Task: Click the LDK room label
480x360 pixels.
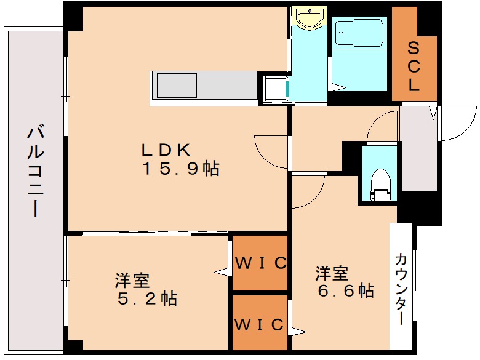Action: click(166, 150)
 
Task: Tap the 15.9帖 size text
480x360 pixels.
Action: click(181, 169)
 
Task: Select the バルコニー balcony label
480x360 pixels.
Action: click(36, 170)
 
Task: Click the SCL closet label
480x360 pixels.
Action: click(414, 66)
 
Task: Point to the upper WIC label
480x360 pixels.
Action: click(261, 263)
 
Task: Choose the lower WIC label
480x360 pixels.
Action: click(259, 324)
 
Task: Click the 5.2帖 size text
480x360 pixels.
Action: click(147, 298)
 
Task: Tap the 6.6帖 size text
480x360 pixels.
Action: click(346, 290)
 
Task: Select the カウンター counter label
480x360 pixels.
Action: click(401, 289)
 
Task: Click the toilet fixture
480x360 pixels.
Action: click(380, 185)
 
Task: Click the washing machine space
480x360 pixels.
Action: click(276, 89)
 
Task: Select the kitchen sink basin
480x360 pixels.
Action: click(177, 86)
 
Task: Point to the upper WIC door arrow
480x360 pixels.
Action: click(221, 271)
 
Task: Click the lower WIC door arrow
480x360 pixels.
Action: click(299, 332)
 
